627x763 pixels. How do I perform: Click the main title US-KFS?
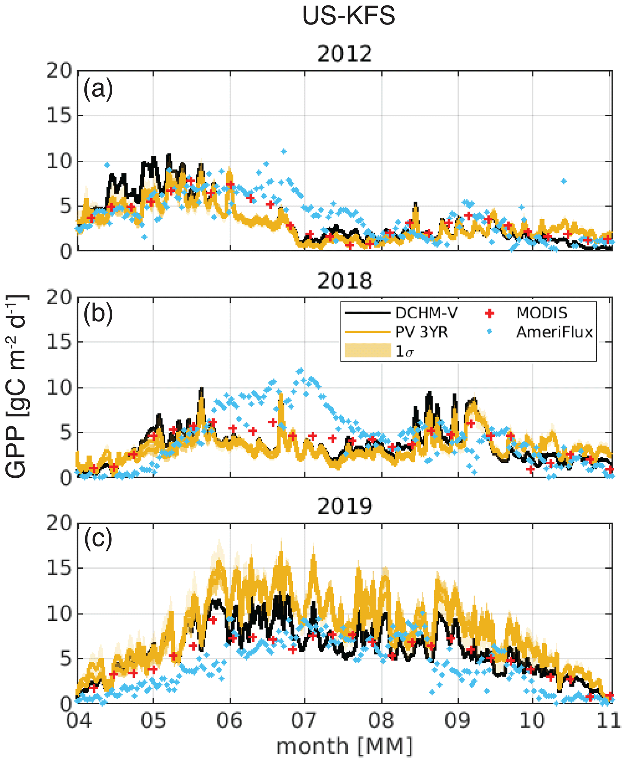tap(348, 16)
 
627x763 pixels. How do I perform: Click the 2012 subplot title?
tap(344, 54)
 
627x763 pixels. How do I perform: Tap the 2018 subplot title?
tap(344, 281)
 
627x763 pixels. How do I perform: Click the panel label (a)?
tap(98, 89)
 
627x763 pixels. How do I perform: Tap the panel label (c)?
tap(98, 539)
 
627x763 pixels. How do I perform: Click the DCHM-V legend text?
tap(426, 313)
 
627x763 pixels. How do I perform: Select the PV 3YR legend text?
tap(422, 332)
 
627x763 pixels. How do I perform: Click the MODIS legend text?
tap(542, 313)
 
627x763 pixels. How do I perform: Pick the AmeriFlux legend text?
tap(555, 332)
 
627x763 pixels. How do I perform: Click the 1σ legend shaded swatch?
tap(368, 351)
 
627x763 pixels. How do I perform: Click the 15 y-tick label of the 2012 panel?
tap(59, 116)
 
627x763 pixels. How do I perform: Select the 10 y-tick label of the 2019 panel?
tap(59, 614)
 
